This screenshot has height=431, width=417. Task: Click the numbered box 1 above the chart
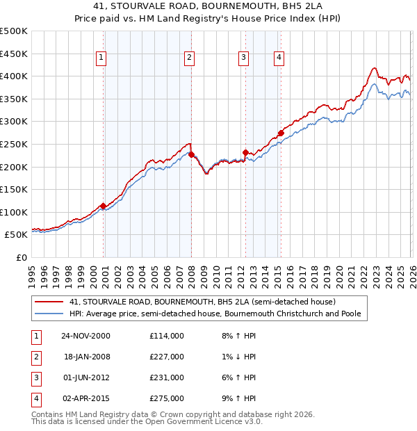coord(101,58)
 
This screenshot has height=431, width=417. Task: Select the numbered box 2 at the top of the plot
coord(189,58)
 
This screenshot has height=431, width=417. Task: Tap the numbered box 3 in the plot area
coord(244,58)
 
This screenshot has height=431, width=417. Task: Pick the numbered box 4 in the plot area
coord(279,58)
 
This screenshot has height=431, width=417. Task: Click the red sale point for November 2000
coord(104,206)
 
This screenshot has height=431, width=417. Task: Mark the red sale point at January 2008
coord(191,155)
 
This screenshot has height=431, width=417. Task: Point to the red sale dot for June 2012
coord(245,153)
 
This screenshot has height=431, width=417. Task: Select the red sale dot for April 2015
coord(281,133)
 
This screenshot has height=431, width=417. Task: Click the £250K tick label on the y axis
coord(14,144)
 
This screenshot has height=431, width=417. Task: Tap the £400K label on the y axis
coord(14,76)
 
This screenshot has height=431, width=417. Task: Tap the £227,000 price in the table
coord(167,357)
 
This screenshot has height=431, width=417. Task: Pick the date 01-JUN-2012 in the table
coord(87,377)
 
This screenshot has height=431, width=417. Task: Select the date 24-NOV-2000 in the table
coord(87,336)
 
